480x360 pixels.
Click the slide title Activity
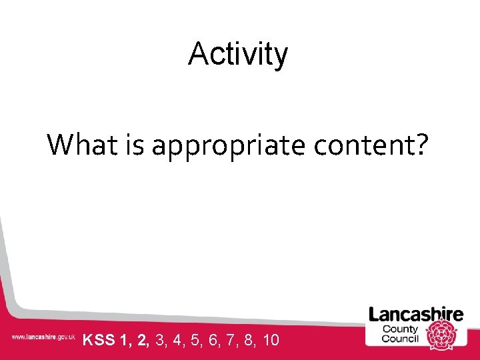point(238,55)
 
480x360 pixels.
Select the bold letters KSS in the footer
point(99,341)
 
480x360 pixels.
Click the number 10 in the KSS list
point(271,341)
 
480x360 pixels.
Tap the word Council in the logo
point(399,338)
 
